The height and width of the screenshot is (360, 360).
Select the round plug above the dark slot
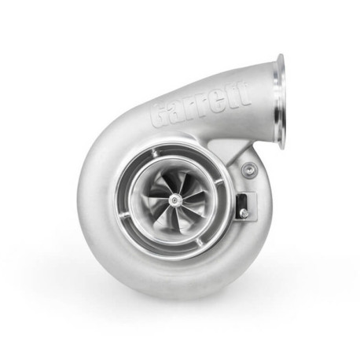tap(249, 168)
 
